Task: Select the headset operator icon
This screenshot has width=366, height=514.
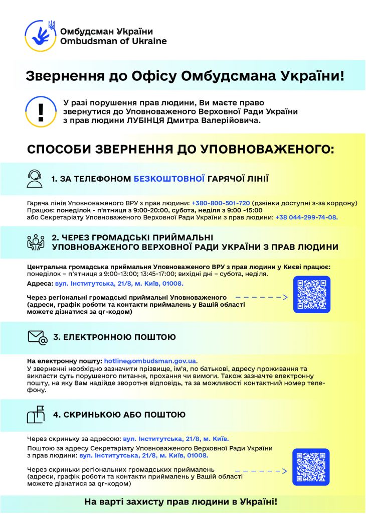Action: [x=35, y=178]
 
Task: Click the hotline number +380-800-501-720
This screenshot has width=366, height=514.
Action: [x=221, y=203]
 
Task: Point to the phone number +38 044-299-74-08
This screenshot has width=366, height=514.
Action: [x=307, y=217]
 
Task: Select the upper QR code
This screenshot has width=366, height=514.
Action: [x=311, y=295]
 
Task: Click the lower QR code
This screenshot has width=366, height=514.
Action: [x=311, y=467]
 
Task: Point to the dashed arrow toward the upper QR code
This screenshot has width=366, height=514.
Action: [x=261, y=298]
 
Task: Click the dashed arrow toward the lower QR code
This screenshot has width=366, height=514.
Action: [x=261, y=471]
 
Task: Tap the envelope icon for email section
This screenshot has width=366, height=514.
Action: [x=37, y=337]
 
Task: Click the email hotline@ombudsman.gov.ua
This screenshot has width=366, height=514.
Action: [x=150, y=361]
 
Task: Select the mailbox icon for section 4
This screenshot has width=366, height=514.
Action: [x=36, y=415]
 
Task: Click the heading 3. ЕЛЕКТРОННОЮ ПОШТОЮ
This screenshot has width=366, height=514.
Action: [x=114, y=337]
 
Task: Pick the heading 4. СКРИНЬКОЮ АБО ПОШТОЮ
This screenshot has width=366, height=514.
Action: [x=119, y=415]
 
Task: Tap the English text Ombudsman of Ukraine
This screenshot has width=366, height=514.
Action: [x=113, y=41]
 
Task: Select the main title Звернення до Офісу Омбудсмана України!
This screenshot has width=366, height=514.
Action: [x=185, y=76]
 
